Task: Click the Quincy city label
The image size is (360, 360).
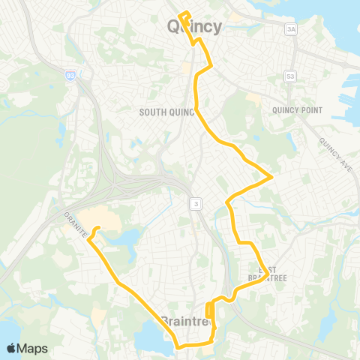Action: (x=193, y=28)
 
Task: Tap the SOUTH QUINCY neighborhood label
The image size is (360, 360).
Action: (x=166, y=112)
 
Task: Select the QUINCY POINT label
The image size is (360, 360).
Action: (x=297, y=110)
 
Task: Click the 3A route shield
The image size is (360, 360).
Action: (x=291, y=28)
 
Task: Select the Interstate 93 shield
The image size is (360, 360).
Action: (x=70, y=75)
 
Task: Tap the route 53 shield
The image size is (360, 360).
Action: (x=290, y=76)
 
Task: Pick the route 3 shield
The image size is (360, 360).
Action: (x=194, y=203)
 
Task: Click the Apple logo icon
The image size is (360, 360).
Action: (x=12, y=348)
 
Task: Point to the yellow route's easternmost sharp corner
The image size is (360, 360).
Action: (x=271, y=178)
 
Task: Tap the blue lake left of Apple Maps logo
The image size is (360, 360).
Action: (x=6, y=330)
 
